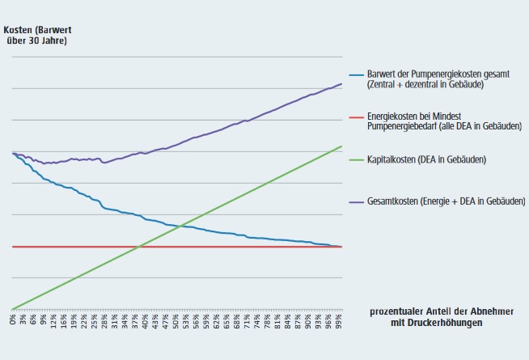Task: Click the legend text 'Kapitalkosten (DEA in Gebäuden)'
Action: click(x=426, y=159)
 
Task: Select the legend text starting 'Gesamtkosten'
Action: click(x=446, y=200)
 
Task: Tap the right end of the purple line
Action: click(x=341, y=84)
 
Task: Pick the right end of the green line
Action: click(x=341, y=146)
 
